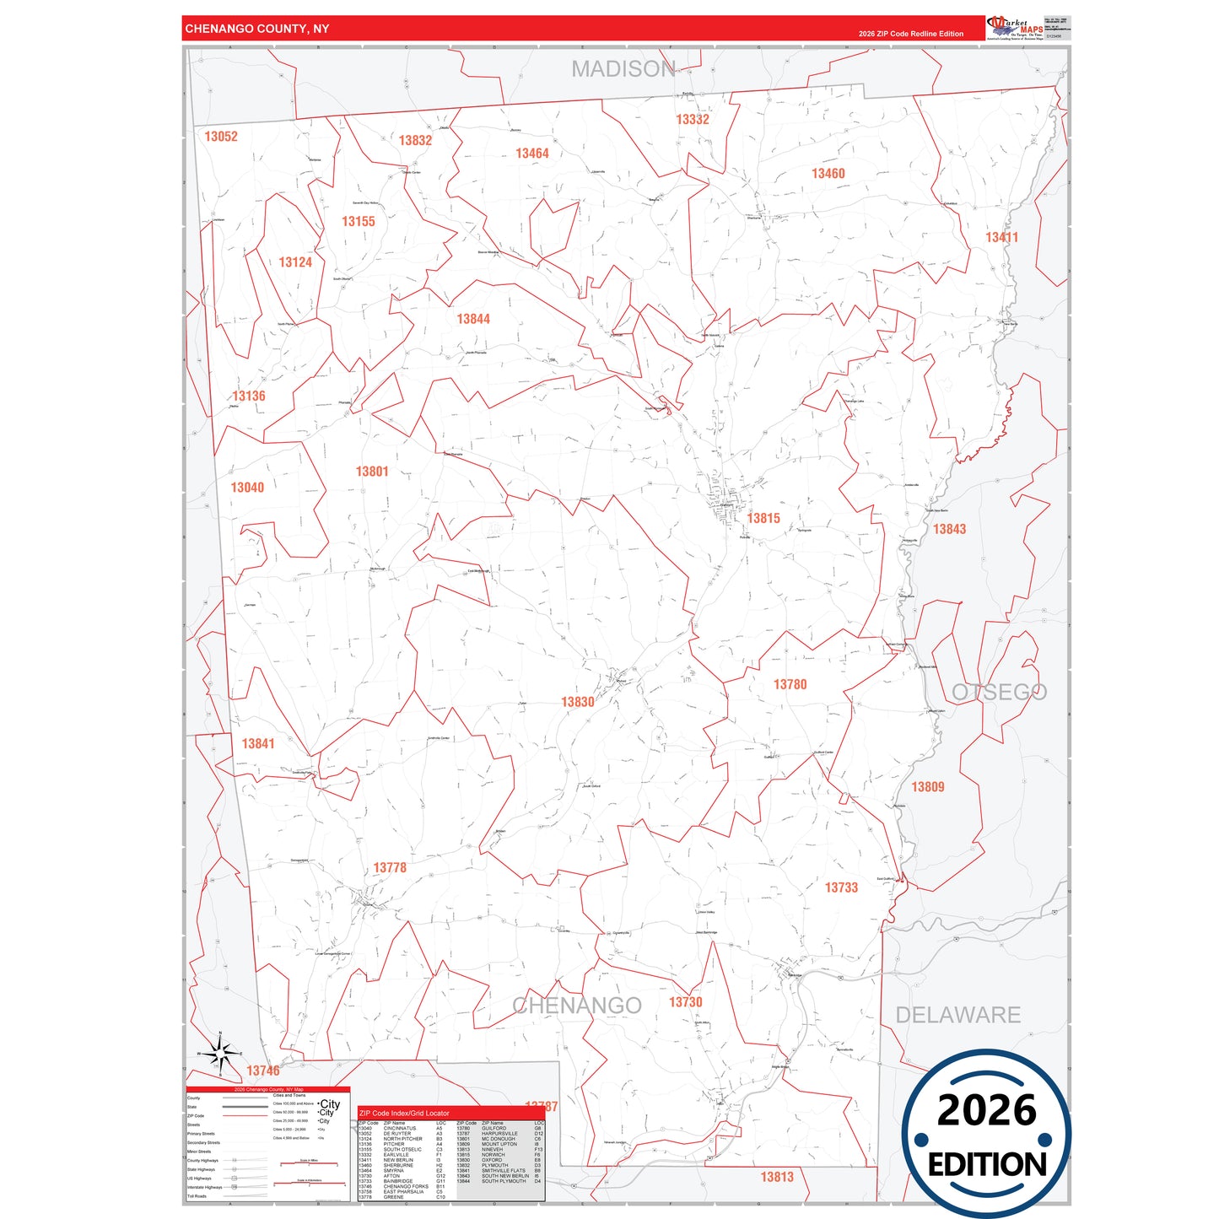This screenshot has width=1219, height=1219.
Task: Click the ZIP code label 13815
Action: pos(763,519)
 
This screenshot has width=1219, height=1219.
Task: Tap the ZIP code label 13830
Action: pos(578,702)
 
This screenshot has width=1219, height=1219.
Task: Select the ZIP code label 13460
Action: pos(828,174)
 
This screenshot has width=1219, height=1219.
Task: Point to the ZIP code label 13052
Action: pos(221,137)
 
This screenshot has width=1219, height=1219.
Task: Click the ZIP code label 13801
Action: pos(372,472)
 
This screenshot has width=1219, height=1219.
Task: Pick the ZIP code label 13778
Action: pos(390,868)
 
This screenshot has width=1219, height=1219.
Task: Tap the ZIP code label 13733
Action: pos(841,887)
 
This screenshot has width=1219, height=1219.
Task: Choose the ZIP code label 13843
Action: pos(949,529)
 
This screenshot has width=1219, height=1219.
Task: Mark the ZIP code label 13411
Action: pos(1001,238)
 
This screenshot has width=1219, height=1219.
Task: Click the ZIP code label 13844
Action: pos(473,319)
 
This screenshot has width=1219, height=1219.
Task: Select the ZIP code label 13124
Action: pos(295,262)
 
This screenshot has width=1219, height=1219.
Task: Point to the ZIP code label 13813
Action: pos(777,1177)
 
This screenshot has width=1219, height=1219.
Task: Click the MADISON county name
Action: pos(623,69)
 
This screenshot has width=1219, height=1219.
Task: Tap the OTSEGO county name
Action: pos(999,693)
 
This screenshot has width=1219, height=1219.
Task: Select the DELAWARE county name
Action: pos(957,1015)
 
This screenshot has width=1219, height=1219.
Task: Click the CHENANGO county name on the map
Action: pos(577,1006)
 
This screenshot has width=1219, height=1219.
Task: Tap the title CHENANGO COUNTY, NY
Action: pos(257,29)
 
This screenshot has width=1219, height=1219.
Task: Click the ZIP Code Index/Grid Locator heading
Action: pos(404,1114)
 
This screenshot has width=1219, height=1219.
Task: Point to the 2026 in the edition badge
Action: pos(986,1110)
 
